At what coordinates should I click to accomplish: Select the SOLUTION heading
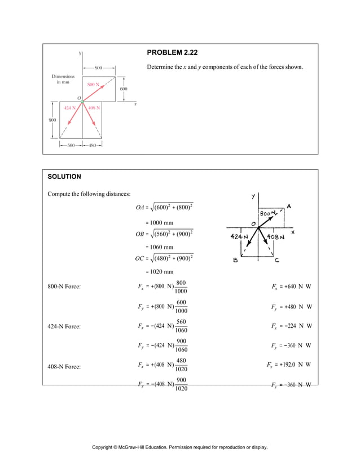64,177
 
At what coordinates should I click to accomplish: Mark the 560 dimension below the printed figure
71,145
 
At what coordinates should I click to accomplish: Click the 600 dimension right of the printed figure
124,89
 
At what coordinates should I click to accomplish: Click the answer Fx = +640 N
292,287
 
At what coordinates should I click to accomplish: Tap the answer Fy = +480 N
292,307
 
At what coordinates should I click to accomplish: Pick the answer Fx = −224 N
292,326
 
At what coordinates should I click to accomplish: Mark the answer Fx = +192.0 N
289,364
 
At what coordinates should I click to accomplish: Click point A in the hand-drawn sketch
288,206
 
